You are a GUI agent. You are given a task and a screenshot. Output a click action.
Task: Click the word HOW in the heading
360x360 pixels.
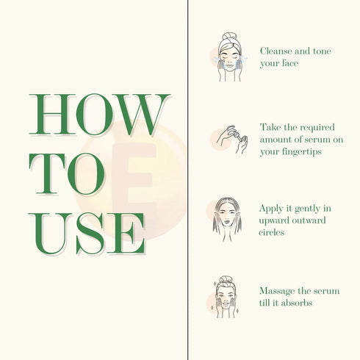pos(100,115)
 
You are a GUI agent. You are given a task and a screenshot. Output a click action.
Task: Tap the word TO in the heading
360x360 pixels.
pos(67,174)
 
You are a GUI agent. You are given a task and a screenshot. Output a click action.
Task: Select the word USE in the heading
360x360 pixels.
pos(87,234)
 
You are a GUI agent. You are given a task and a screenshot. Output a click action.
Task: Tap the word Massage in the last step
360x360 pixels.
pos(277,292)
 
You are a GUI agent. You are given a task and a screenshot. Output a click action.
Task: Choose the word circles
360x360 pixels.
pos(272,232)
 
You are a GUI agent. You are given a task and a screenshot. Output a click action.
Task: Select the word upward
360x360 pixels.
pos(273,220)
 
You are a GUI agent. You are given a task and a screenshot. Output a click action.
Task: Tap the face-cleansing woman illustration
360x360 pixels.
pos(230,57)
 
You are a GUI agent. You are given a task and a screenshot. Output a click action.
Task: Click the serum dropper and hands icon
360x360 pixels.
pos(232,140)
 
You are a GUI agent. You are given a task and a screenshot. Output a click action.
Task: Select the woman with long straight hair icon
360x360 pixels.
pos(227,220)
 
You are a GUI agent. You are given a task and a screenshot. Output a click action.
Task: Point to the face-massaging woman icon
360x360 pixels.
pos(226,297)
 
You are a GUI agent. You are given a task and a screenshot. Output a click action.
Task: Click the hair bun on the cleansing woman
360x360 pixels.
pos(229,37)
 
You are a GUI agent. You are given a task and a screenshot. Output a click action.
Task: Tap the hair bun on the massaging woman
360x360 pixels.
pos(226,280)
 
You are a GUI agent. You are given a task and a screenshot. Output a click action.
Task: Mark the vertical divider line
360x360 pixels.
pos(188,180)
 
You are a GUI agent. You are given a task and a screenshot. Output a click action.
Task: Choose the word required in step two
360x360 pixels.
pos(317,128)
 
